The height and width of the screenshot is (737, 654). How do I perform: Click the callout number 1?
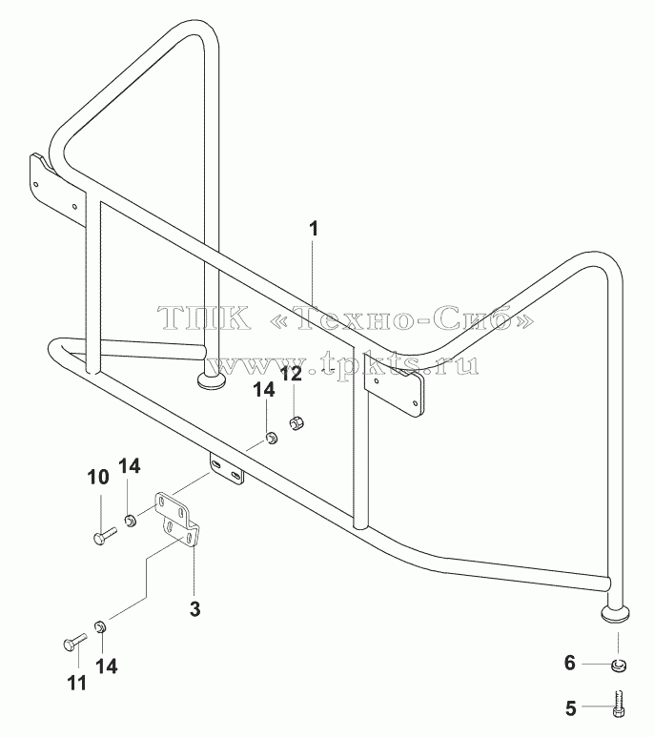pos(314,229)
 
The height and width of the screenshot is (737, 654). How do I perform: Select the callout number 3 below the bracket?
pos(194,609)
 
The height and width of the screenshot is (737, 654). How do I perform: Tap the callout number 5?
pos(570,708)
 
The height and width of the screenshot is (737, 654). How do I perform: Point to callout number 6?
pos(570,664)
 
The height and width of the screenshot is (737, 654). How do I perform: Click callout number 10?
pos(98,477)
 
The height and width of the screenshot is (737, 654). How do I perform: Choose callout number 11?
pos(77,683)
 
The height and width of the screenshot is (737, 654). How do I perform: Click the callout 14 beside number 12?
pos(264,390)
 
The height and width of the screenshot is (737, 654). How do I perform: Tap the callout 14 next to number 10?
pos(130,466)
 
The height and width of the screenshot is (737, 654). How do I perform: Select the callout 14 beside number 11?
pos(106,666)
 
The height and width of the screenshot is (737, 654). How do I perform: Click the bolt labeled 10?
pos(104,536)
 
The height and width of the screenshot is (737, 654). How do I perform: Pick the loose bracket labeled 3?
pos(177,520)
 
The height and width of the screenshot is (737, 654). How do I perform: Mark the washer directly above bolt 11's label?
pos(100,626)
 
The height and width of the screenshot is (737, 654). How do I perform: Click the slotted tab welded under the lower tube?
pos(227,469)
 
